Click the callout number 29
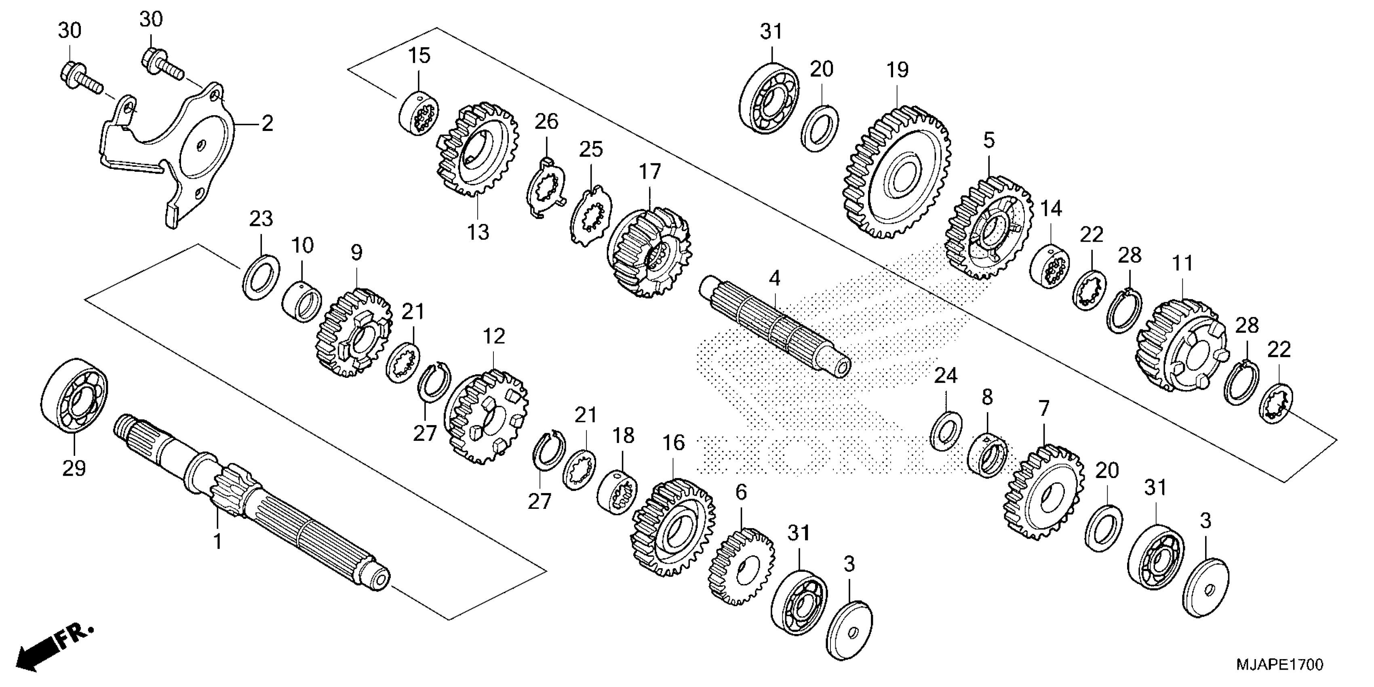(x=74, y=468)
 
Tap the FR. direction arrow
(x=53, y=648)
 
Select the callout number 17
(x=650, y=172)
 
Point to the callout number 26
(x=546, y=122)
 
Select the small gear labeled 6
(x=742, y=565)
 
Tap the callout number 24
(x=945, y=376)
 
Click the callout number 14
(x=1051, y=208)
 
